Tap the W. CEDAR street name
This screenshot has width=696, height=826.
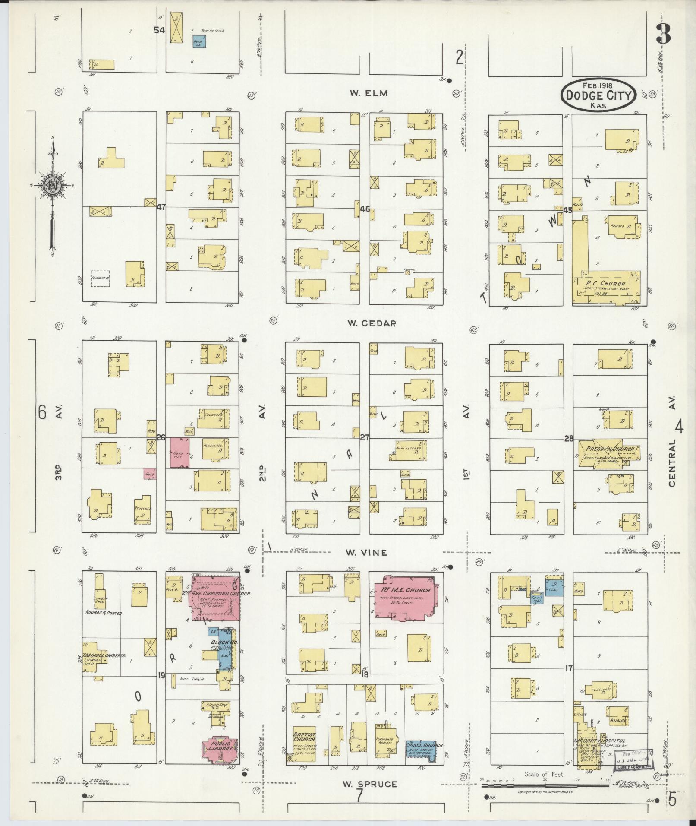pyautogui.click(x=372, y=323)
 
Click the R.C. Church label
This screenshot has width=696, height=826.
pyautogui.click(x=607, y=283)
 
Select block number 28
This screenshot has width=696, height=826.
pyautogui.click(x=569, y=439)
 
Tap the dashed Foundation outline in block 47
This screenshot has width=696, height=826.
pyautogui.click(x=100, y=278)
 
